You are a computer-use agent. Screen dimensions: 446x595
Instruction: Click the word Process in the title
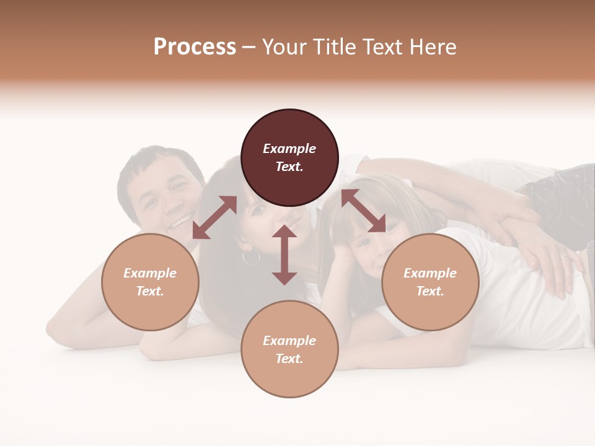(x=195, y=47)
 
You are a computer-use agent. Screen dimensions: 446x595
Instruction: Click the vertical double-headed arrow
(x=284, y=255)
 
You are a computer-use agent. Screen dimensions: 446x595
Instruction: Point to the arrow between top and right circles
(x=363, y=211)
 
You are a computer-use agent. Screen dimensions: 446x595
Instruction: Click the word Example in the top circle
(x=289, y=149)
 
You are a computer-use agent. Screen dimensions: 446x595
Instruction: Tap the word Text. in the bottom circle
(x=289, y=359)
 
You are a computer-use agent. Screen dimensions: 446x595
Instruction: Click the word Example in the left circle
(x=150, y=273)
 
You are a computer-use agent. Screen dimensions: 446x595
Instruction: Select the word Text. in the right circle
(x=430, y=291)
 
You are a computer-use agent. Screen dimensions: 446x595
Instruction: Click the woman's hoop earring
(x=251, y=256)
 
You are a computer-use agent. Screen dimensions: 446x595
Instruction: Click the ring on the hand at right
(x=565, y=257)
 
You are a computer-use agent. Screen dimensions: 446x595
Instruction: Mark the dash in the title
(x=249, y=47)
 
